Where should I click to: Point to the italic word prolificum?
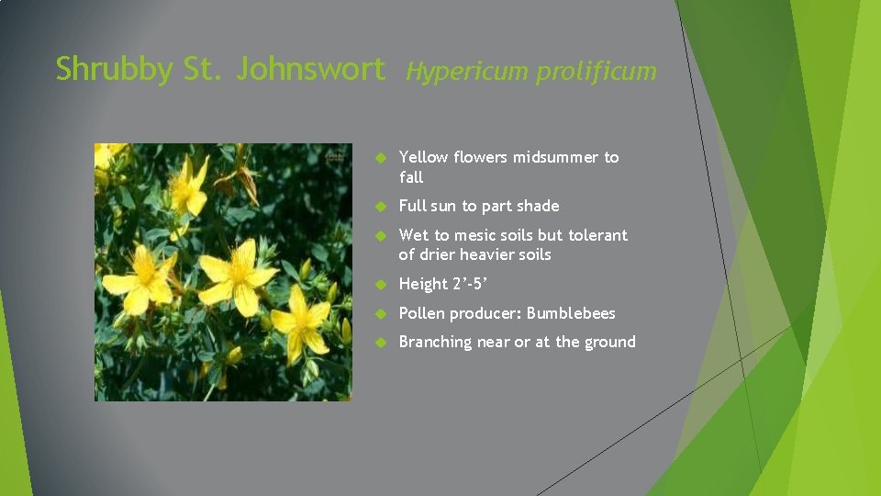[597, 71]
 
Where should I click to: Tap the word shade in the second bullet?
[538, 206]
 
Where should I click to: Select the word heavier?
[488, 254]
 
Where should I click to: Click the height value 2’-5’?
[474, 284]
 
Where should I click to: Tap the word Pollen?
[423, 313]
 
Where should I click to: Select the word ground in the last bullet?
[608, 342]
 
